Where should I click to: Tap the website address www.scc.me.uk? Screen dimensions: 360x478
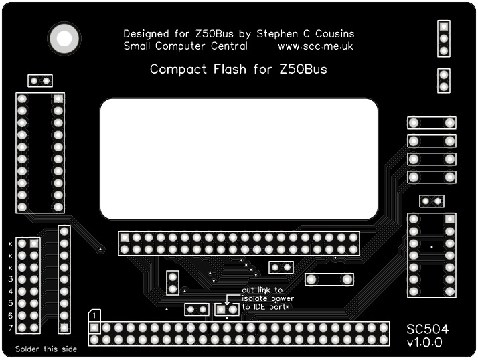click(315, 46)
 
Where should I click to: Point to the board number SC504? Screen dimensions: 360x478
click(428, 329)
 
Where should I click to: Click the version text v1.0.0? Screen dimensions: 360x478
click(424, 343)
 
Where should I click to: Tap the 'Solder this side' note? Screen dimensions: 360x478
click(46, 349)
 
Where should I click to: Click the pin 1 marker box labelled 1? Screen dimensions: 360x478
click(96, 314)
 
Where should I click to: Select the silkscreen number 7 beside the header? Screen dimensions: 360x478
click(11, 327)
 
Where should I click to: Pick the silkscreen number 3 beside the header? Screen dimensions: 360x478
click(11, 279)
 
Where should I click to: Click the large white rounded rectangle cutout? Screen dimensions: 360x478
click(239, 159)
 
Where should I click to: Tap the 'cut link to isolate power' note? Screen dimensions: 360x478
click(266, 298)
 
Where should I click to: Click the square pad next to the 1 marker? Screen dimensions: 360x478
click(94, 328)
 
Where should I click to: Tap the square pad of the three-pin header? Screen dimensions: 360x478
click(443, 27)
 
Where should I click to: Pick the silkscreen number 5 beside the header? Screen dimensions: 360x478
click(11, 303)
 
